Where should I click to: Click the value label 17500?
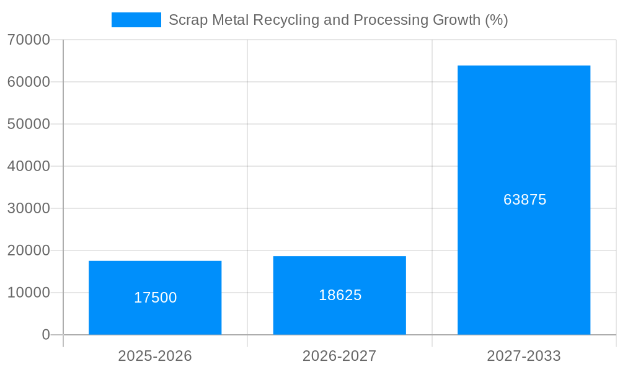[x=155, y=298]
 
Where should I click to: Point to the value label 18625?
[x=340, y=295]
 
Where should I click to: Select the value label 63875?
[x=525, y=200]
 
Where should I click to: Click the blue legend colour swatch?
[x=136, y=20]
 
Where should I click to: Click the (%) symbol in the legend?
[x=497, y=20]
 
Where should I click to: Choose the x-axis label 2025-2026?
[x=155, y=356]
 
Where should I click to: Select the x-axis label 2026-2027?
[x=339, y=356]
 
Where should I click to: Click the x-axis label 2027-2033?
[x=524, y=356]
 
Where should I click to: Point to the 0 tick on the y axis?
[x=46, y=335]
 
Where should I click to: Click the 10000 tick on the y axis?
[x=29, y=293]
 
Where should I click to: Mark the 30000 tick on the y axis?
[x=29, y=208]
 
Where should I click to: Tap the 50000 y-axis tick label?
[x=29, y=124]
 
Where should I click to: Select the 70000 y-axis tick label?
[x=29, y=40]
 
